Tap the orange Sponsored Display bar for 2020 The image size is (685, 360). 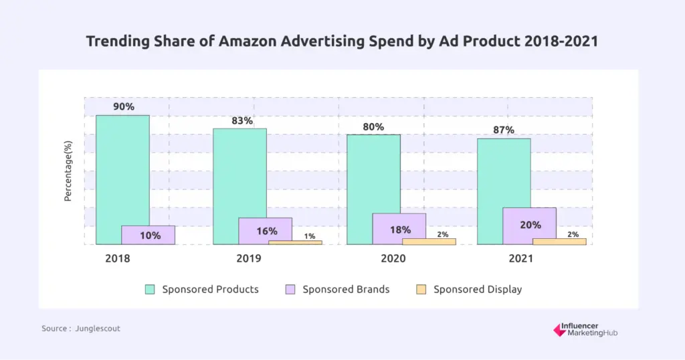tap(429, 242)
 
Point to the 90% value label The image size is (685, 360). tap(123, 106)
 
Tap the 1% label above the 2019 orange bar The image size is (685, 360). tap(310, 236)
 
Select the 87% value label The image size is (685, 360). tap(503, 130)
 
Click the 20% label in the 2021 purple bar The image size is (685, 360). tap(530, 225)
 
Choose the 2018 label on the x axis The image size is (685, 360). tap(118, 258)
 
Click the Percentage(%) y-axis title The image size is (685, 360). tap(68, 171)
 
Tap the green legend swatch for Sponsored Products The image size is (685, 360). tap(150, 290)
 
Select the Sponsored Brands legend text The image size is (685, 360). tap(346, 290)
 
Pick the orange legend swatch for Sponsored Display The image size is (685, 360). tap(421, 290)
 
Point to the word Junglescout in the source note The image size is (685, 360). tap(98, 329)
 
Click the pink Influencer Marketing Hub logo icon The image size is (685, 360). tap(560, 329)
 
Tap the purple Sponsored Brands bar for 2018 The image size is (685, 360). tap(148, 235)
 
